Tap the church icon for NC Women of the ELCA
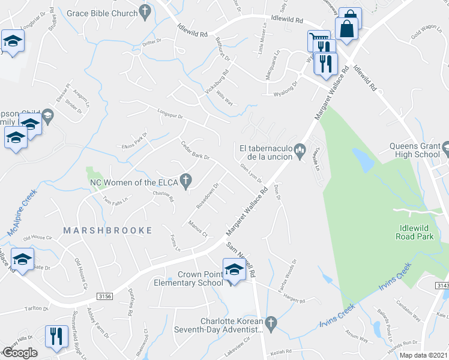(186, 179)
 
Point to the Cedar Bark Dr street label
(195, 151)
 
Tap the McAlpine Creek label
(21, 213)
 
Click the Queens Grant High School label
(415, 150)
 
